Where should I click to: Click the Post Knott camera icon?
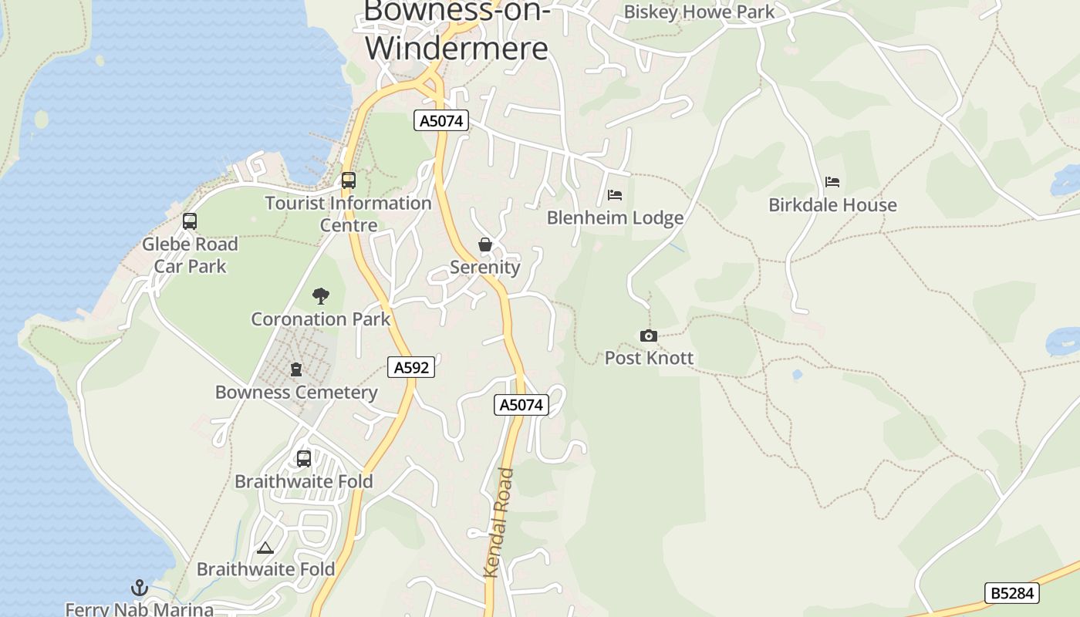(649, 335)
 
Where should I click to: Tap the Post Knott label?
(649, 358)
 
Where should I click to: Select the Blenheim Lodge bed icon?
(615, 195)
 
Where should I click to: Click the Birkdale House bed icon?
(832, 182)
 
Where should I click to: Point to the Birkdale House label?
(832, 205)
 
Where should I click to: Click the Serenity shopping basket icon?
(485, 245)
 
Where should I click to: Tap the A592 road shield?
(411, 368)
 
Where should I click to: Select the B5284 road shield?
(1012, 593)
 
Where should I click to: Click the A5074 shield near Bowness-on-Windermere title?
(441, 120)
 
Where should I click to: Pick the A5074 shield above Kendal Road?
(521, 405)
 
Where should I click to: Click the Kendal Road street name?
(498, 523)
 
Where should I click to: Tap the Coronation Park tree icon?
(321, 295)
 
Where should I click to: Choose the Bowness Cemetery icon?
(296, 369)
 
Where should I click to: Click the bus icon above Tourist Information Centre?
(349, 180)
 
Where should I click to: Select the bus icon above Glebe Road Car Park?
(190, 221)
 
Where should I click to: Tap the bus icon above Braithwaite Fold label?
(304, 459)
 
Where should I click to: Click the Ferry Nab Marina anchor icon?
(139, 588)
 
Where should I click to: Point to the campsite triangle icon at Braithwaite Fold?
(265, 548)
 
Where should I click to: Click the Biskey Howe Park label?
(699, 12)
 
